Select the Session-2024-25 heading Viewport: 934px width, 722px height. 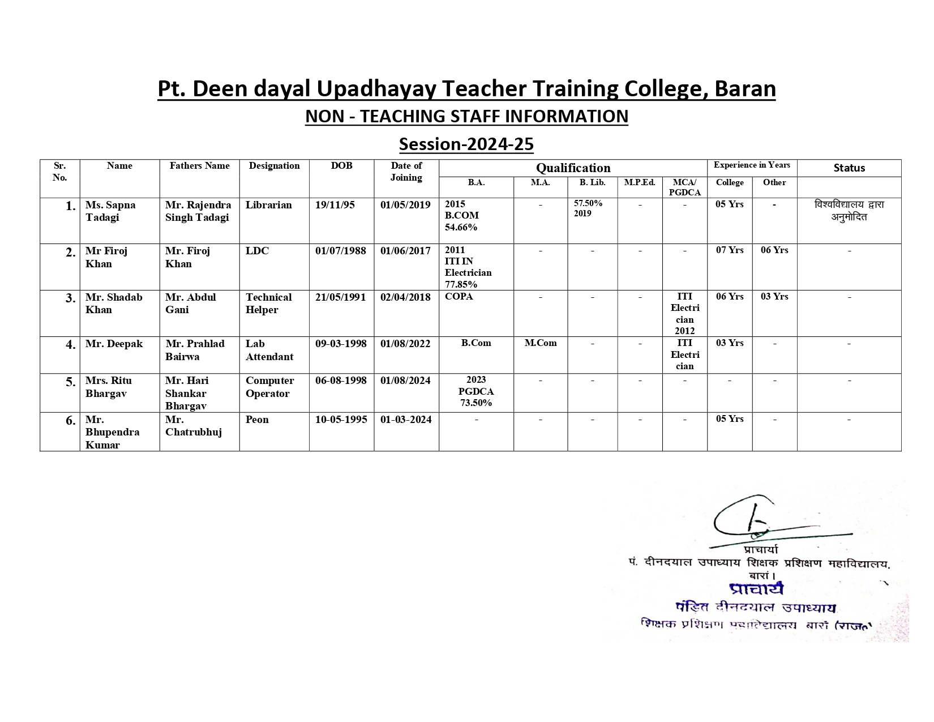pyautogui.click(x=466, y=144)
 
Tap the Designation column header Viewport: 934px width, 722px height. pyautogui.click(x=274, y=166)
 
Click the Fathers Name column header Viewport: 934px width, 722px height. pyautogui.click(x=199, y=166)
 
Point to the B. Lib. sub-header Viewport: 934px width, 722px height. pyautogui.click(x=592, y=182)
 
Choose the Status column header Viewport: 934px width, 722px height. pyautogui.click(x=849, y=168)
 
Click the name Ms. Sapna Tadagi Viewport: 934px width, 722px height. pyautogui.click(x=110, y=211)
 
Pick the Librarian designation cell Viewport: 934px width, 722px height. pyautogui.click(x=268, y=205)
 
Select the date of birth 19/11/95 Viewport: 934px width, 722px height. pyautogui.click(x=335, y=205)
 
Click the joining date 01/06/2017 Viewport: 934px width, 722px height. pyautogui.click(x=405, y=251)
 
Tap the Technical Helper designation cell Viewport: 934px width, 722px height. pyautogui.click(x=268, y=304)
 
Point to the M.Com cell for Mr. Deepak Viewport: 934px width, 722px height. pyautogui.click(x=540, y=343)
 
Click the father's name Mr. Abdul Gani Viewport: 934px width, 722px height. pyautogui.click(x=190, y=304)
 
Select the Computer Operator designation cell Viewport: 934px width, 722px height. pyautogui.click(x=269, y=387)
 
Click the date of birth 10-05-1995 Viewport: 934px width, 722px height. pyautogui.click(x=341, y=420)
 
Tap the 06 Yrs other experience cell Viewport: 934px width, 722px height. pyautogui.click(x=774, y=250)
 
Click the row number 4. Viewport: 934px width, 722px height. pyautogui.click(x=70, y=345)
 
